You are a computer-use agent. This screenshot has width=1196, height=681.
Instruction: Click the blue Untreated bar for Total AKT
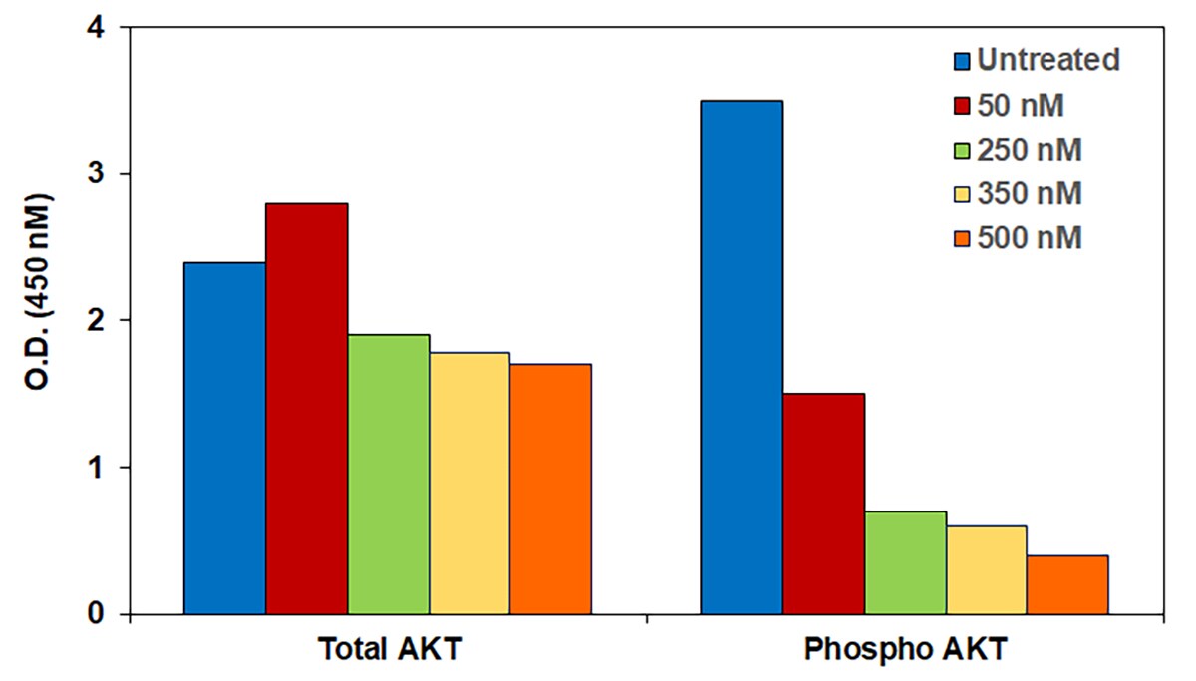(x=225, y=438)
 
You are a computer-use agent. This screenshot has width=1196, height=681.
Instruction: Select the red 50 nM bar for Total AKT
(x=307, y=409)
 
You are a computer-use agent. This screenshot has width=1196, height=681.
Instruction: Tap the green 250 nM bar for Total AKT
(x=389, y=474)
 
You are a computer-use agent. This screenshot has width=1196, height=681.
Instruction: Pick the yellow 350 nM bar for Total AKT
(x=469, y=483)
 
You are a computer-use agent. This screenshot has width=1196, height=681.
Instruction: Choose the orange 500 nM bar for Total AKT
(x=550, y=489)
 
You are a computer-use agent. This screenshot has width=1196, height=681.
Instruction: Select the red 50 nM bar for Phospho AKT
(x=823, y=504)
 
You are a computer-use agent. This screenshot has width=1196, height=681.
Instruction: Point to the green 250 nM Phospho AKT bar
(x=905, y=562)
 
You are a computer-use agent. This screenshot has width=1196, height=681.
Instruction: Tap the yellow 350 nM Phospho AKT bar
(x=987, y=569)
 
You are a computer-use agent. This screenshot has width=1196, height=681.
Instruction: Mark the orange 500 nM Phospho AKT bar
(x=1067, y=584)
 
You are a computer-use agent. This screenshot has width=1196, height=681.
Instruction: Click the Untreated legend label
(x=1048, y=60)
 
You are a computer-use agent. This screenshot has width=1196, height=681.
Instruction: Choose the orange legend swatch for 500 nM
(x=961, y=239)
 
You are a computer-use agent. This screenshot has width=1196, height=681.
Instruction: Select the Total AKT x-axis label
(x=390, y=650)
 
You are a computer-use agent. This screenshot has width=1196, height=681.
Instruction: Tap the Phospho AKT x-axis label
(x=905, y=650)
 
